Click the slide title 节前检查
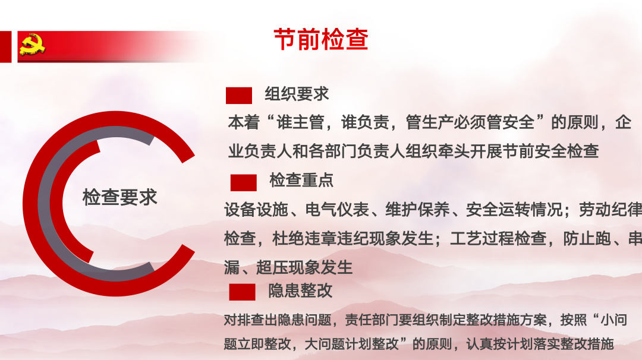(321, 39)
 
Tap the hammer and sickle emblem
(32, 45)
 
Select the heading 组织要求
(297, 94)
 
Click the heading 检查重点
(301, 180)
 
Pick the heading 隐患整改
(300, 291)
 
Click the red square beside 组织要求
(239, 95)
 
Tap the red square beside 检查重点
(244, 183)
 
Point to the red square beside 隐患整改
(242, 292)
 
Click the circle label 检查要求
(119, 197)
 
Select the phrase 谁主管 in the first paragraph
(300, 122)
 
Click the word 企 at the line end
(623, 122)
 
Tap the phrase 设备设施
(256, 210)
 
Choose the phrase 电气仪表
(337, 210)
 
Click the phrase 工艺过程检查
(498, 238)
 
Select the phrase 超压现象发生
(304, 267)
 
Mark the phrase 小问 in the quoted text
(613, 320)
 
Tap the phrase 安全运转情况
(514, 210)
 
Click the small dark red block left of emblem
(5, 47)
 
